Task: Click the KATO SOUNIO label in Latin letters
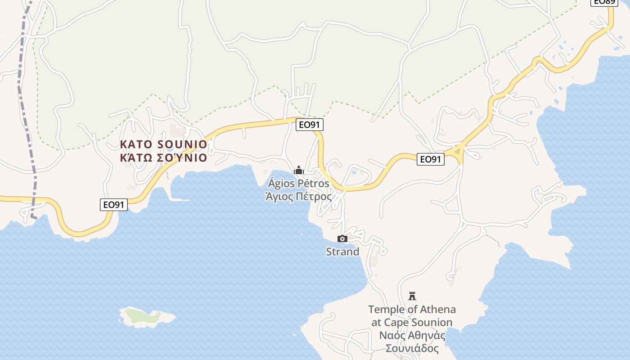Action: (164, 144)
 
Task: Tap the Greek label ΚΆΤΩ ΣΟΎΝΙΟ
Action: (164, 157)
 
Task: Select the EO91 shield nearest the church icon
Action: (310, 125)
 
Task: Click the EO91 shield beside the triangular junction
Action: (430, 159)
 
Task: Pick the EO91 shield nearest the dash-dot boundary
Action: (114, 205)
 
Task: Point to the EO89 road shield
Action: (603, 2)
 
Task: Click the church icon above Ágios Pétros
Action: (299, 171)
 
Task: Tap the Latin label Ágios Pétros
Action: (299, 184)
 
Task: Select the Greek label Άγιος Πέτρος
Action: (299, 197)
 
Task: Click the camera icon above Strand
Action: (342, 238)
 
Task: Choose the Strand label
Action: (342, 252)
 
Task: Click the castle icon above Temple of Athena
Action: (412, 296)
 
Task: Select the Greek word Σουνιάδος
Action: (412, 348)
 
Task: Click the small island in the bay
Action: (146, 316)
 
